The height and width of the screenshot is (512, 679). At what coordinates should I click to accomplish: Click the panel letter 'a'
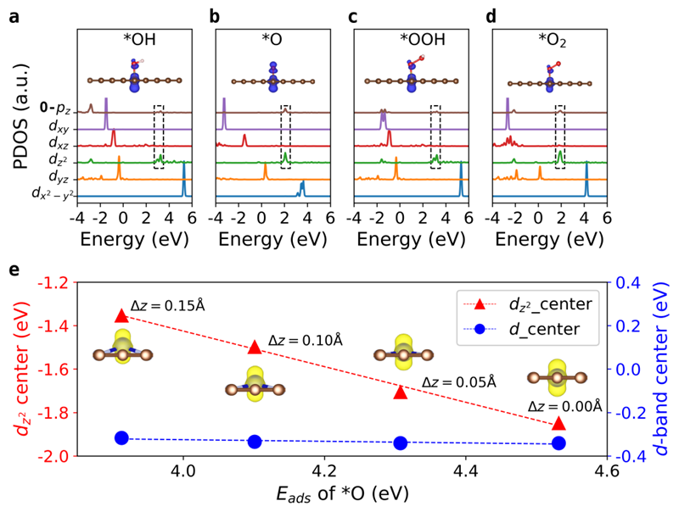14,15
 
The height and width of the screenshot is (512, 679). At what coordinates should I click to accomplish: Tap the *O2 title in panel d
559,39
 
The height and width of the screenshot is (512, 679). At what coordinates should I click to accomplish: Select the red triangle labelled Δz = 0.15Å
121,315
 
